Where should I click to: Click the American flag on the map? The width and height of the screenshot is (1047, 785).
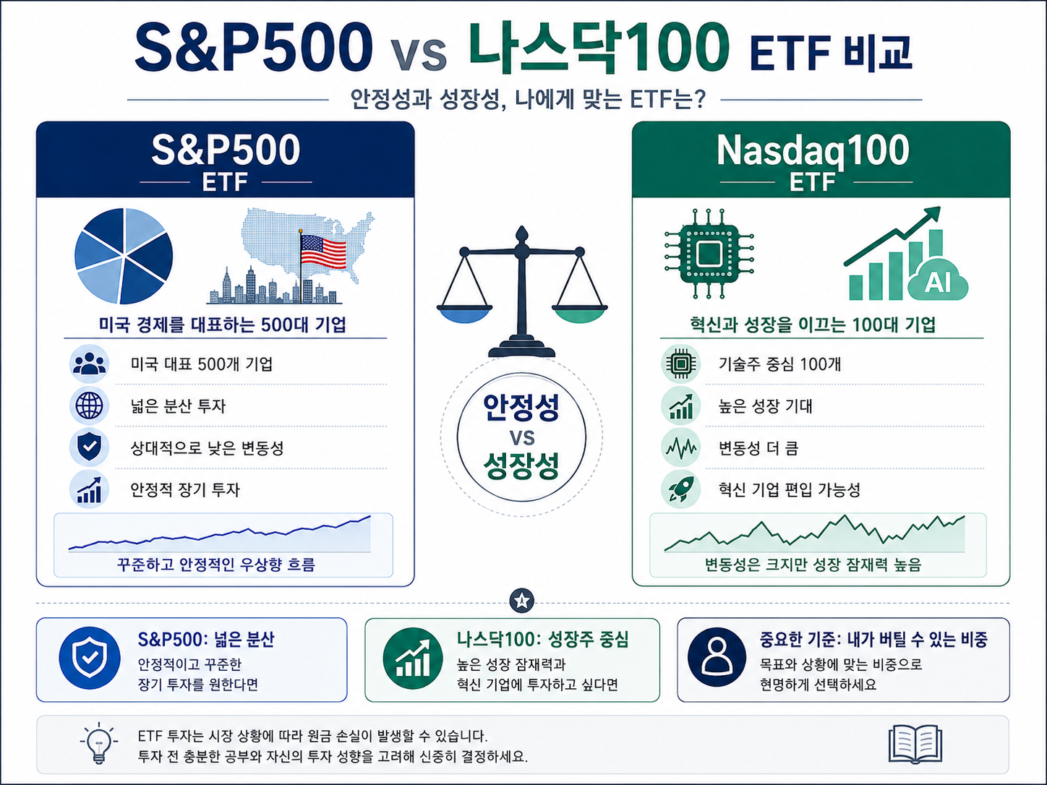pyautogui.click(x=323, y=252)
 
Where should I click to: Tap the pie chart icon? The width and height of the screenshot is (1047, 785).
pyautogui.click(x=124, y=256)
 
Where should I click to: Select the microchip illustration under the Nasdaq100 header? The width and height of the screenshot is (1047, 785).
pyautogui.click(x=709, y=254)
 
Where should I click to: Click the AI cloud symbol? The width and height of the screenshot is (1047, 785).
pyautogui.click(x=938, y=282)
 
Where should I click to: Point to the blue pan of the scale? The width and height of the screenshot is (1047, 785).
pyautogui.click(x=464, y=315)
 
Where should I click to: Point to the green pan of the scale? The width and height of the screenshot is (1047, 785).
pyautogui.click(x=580, y=315)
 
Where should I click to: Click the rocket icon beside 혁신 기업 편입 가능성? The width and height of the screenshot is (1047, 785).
pyautogui.click(x=680, y=489)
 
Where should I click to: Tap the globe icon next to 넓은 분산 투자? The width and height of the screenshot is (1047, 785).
pyautogui.click(x=89, y=406)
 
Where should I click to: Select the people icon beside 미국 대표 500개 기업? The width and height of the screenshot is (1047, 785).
pyautogui.click(x=89, y=364)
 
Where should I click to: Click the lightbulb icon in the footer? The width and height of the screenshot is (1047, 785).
pyautogui.click(x=99, y=744)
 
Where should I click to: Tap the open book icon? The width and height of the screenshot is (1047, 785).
pyautogui.click(x=915, y=744)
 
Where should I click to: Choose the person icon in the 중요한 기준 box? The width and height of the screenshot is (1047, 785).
pyautogui.click(x=717, y=657)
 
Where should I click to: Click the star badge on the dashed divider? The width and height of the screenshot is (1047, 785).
pyautogui.click(x=522, y=601)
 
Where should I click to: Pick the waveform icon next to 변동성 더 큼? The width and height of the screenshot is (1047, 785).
pyautogui.click(x=680, y=447)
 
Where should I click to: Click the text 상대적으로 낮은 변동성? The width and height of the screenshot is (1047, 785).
pyautogui.click(x=207, y=448)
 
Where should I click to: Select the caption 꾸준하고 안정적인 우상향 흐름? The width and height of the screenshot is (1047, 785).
pyautogui.click(x=216, y=565)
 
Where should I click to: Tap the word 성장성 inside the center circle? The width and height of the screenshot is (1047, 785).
pyautogui.click(x=521, y=466)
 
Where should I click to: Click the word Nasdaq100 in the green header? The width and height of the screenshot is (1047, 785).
pyautogui.click(x=813, y=150)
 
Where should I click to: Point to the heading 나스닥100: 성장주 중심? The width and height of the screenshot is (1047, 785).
pyautogui.click(x=543, y=640)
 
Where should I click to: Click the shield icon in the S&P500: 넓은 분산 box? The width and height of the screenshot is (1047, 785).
pyautogui.click(x=89, y=657)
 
